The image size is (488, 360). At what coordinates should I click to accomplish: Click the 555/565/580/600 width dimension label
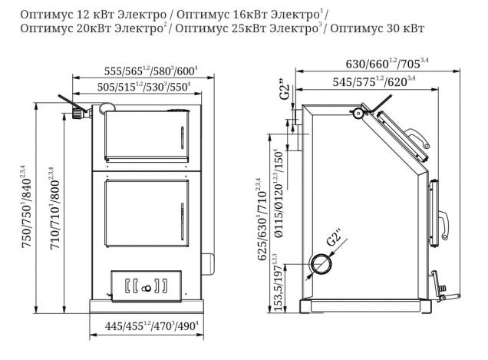coord(151,71)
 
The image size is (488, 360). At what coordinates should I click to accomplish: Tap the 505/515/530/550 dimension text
coord(143,87)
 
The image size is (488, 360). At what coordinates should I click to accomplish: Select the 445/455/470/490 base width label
coord(152,326)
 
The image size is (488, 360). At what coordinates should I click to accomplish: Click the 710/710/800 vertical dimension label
coord(55,208)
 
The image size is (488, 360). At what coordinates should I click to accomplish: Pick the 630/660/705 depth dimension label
coord(387,64)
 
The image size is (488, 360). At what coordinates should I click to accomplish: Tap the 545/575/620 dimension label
coord(374,81)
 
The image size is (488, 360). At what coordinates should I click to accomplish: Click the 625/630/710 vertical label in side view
coord(262,220)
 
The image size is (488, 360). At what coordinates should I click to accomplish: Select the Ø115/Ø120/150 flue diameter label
coord(279,193)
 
